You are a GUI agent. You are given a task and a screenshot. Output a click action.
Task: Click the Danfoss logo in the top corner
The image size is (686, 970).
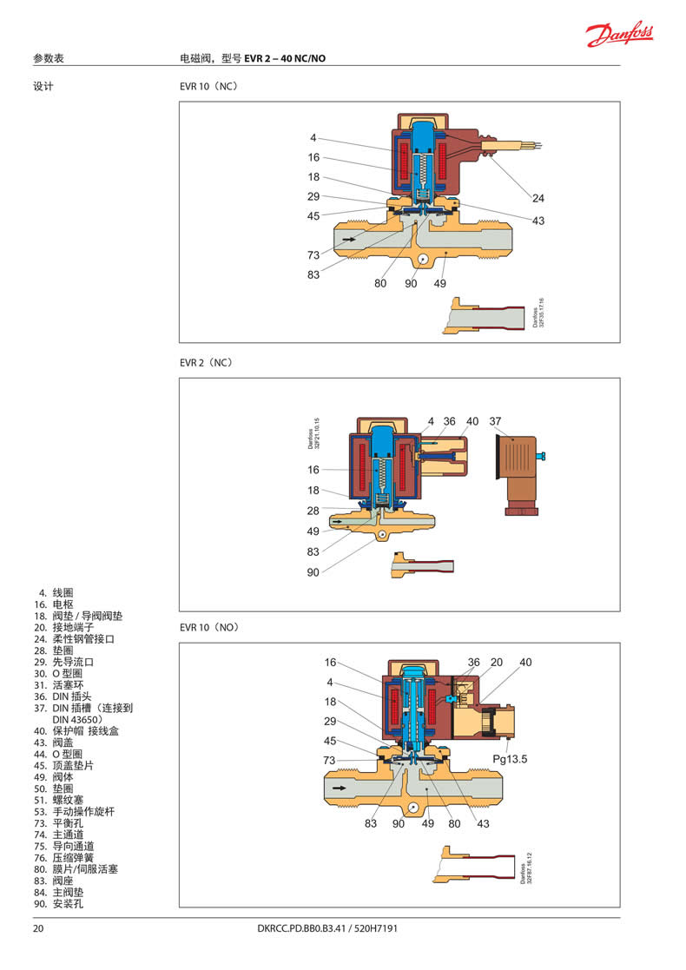[619, 34]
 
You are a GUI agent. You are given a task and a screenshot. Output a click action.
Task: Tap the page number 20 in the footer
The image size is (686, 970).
[38, 928]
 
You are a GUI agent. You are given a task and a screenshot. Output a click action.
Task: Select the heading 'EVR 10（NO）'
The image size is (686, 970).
[208, 627]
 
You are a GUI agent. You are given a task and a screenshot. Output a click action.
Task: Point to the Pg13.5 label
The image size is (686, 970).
[510, 759]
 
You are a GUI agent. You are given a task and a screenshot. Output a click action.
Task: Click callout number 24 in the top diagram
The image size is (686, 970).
[538, 197]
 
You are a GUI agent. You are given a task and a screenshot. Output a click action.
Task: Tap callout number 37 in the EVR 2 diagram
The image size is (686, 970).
[495, 421]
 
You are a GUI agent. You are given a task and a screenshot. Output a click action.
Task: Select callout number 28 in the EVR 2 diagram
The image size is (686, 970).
[313, 511]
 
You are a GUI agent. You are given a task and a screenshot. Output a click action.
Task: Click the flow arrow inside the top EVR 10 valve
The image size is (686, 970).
[347, 238]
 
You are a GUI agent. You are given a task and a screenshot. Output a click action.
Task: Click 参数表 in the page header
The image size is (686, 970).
[49, 58]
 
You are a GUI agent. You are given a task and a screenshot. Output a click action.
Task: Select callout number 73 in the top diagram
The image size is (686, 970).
[313, 254]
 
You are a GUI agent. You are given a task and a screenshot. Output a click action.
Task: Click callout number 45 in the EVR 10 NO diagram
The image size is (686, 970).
[330, 741]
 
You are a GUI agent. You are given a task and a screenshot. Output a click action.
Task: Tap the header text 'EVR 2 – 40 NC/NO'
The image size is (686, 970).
[286, 58]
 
